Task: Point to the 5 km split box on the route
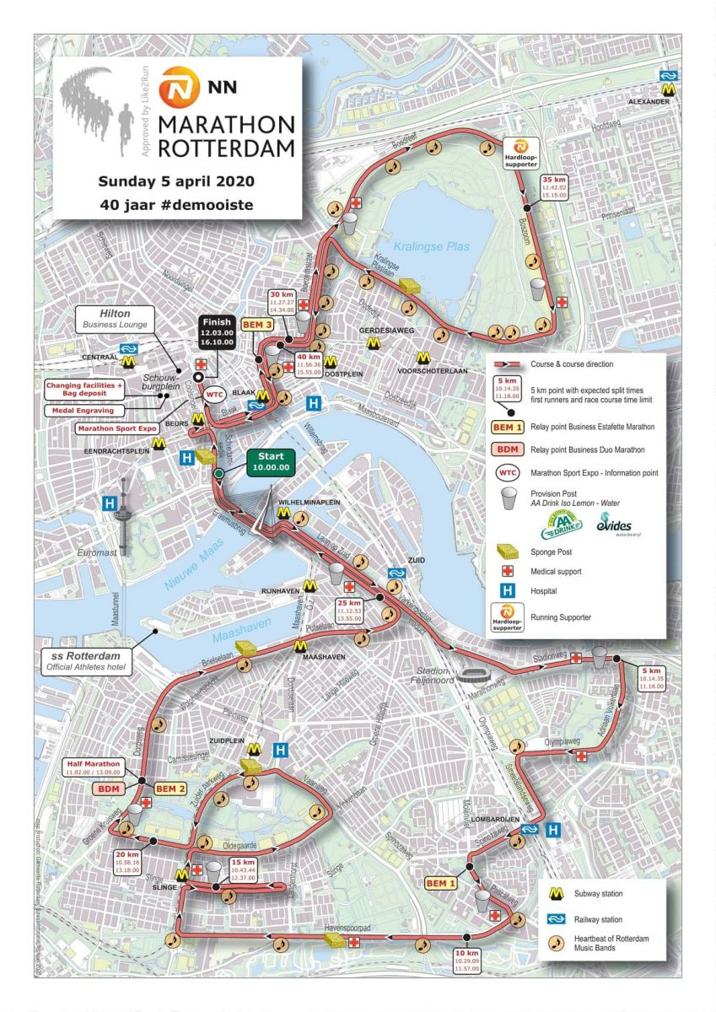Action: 652,678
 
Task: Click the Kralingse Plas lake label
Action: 443,247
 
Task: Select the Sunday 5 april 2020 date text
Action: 175,180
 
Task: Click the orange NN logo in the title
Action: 175,84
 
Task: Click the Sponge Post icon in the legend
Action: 508,552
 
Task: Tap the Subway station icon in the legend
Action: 555,894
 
